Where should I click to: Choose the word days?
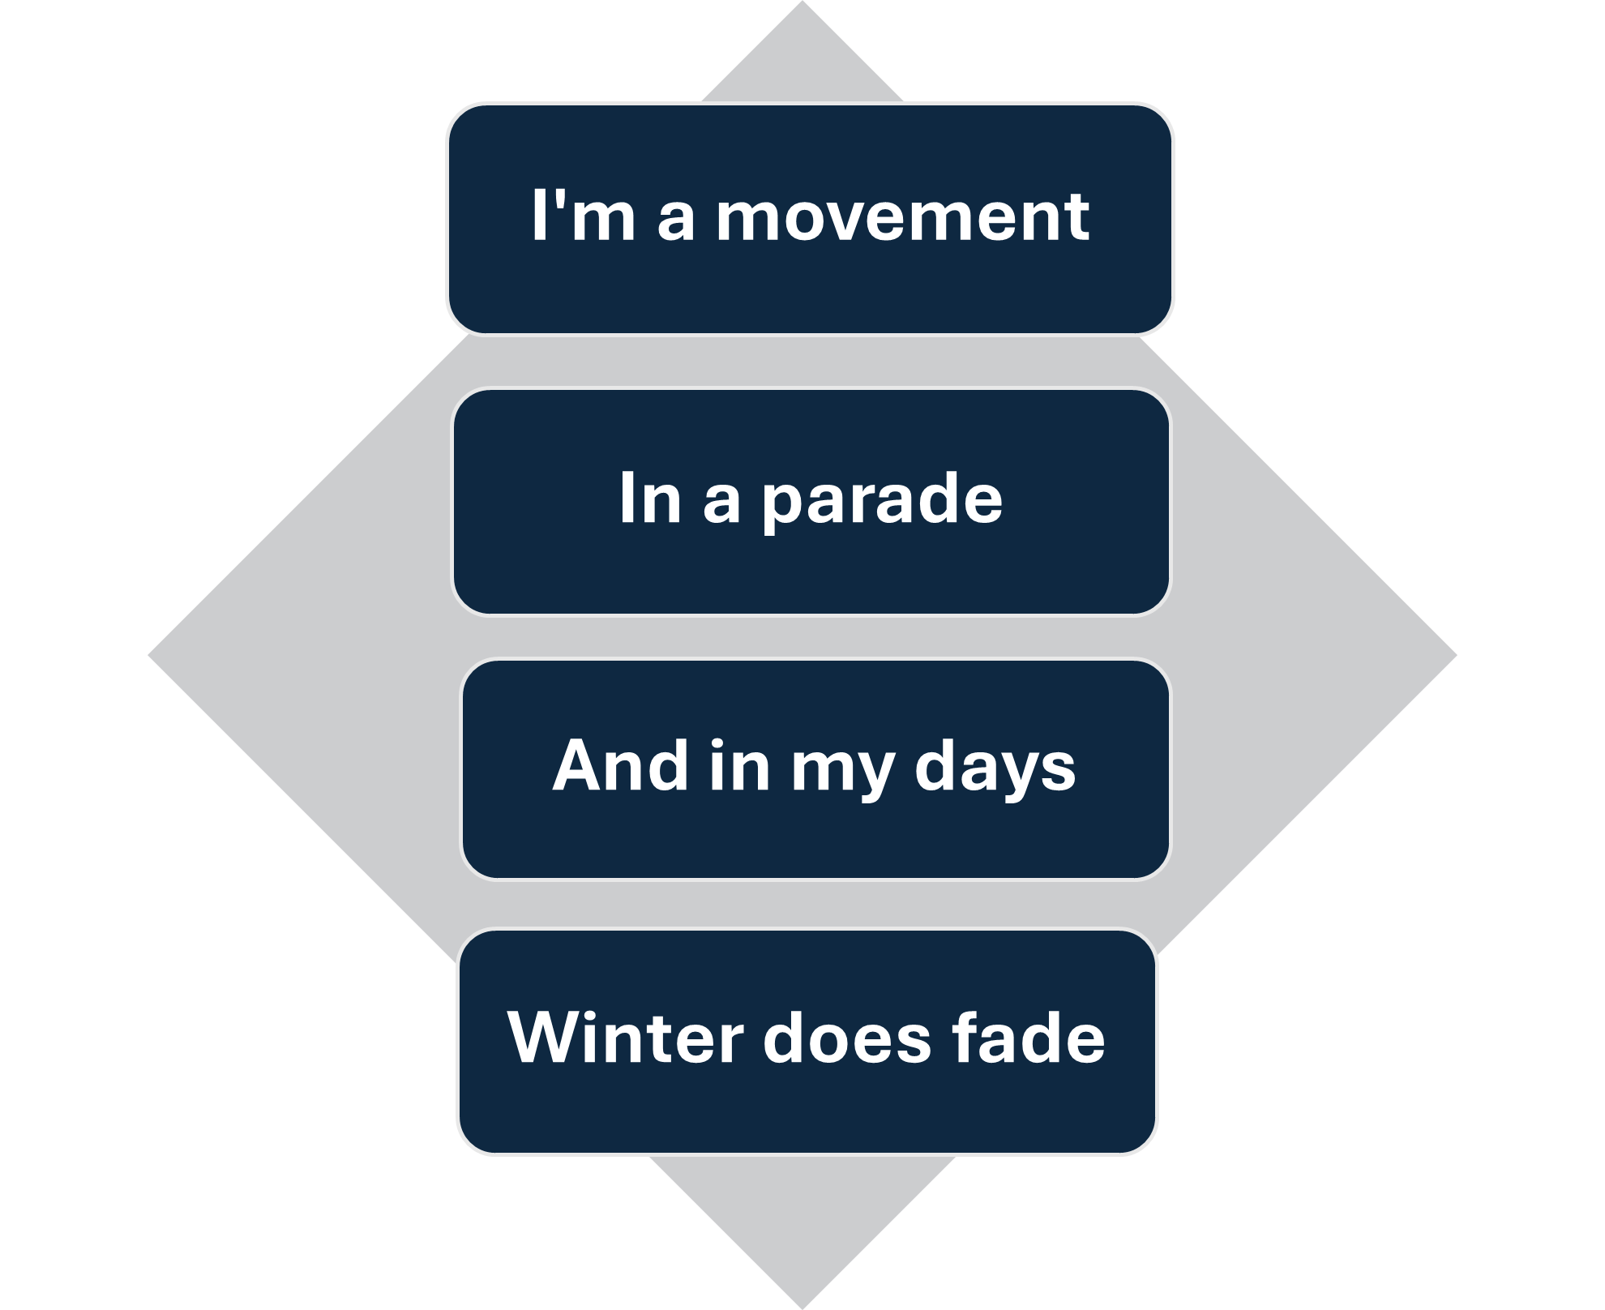pos(995,768)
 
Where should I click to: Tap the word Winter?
pos(624,1038)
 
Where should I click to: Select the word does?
pos(847,1038)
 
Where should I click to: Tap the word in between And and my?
pos(738,765)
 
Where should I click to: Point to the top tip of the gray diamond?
pos(802,3)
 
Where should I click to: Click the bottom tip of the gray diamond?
pos(802,1306)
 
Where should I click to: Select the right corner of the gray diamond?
pos(1454,654)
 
